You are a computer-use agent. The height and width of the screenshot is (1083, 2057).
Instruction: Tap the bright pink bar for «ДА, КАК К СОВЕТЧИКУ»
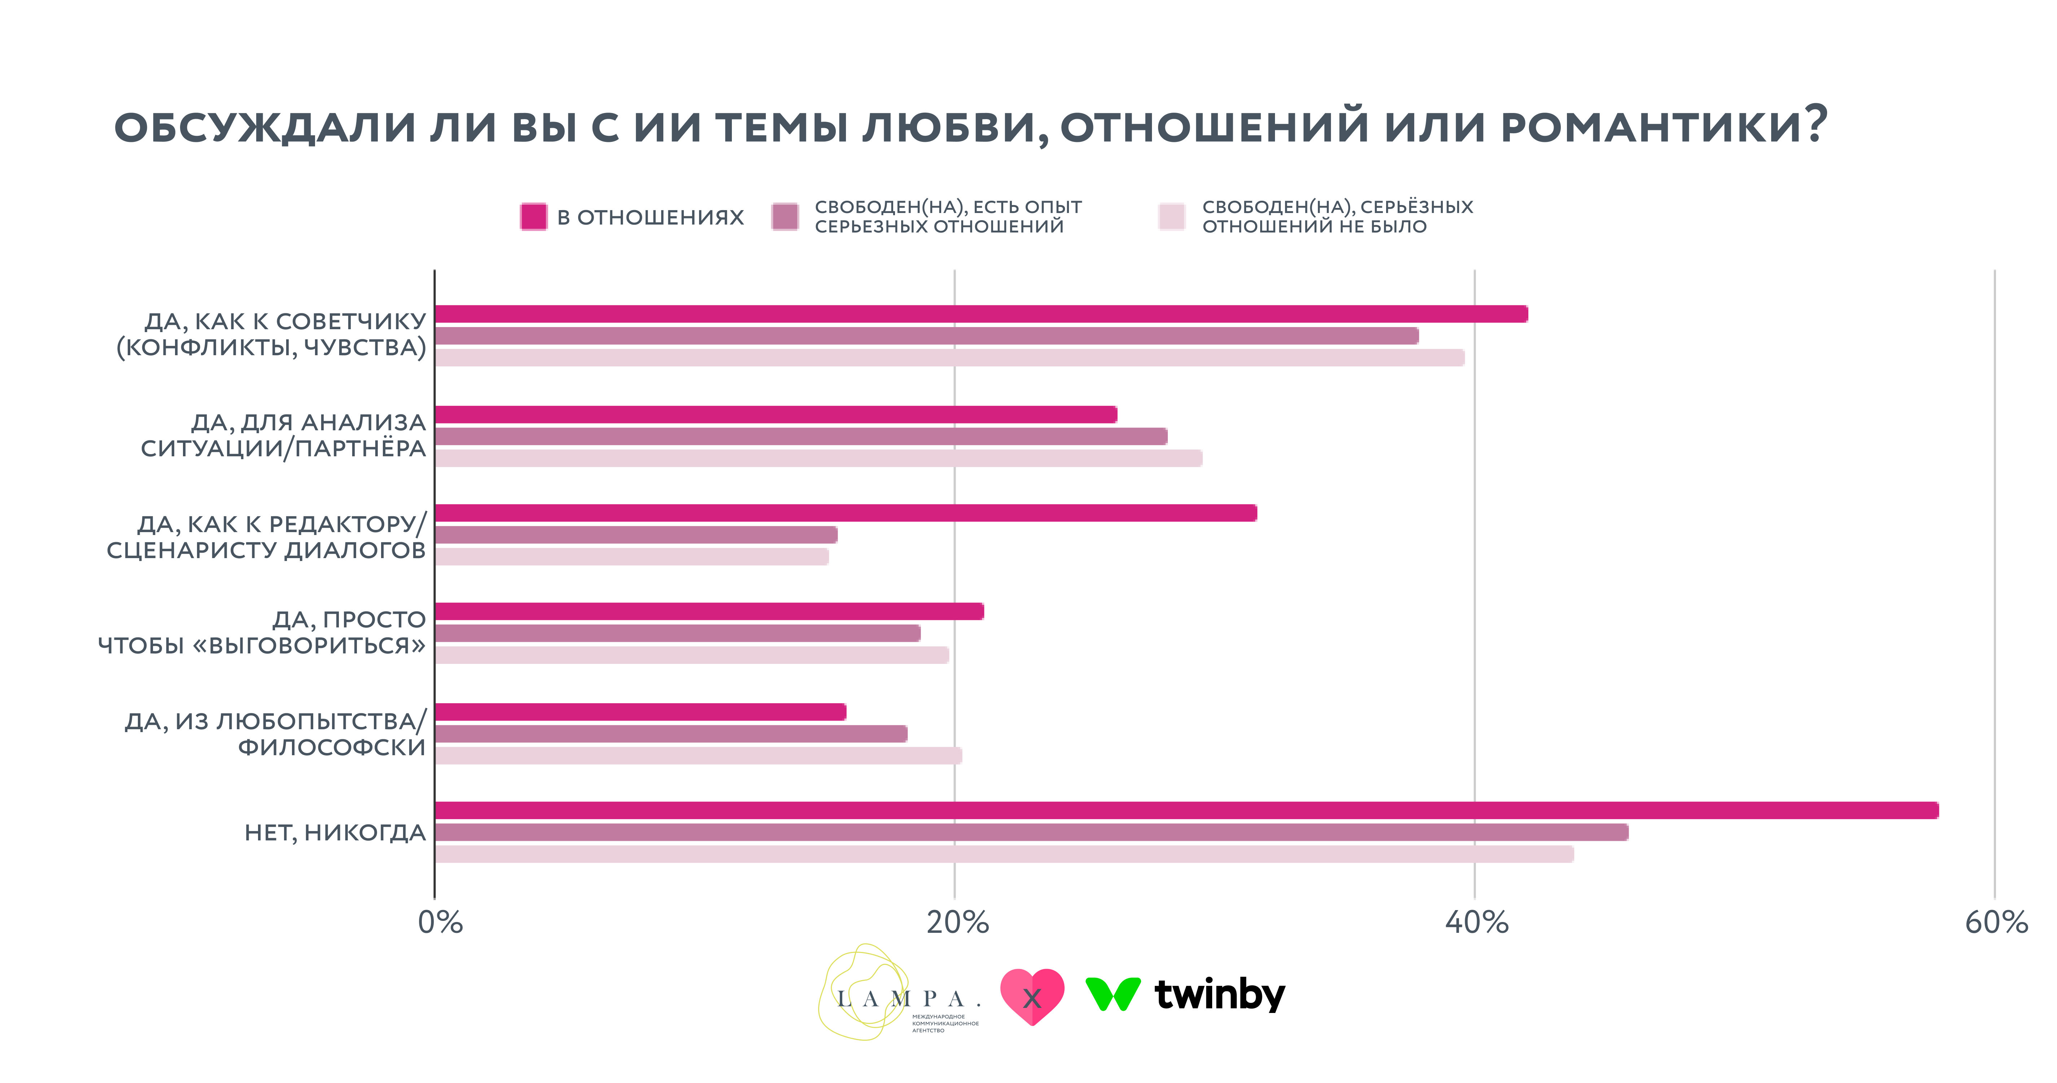pos(981,314)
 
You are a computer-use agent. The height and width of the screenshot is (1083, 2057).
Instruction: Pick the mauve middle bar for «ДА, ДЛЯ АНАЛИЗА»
pos(801,436)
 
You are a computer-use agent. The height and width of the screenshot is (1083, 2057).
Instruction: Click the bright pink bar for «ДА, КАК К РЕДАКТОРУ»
pos(846,513)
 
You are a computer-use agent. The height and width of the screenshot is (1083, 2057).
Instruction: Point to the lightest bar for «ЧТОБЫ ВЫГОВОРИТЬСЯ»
pos(691,655)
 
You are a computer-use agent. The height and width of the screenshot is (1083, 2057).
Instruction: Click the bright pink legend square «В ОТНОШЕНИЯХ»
pos(533,217)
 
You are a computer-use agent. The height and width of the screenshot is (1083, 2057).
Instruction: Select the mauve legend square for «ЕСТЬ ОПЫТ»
pos(785,217)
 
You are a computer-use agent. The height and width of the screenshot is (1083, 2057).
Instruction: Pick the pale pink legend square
pos(1171,217)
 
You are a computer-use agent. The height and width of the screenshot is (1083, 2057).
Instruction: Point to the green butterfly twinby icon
pos(1112,993)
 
